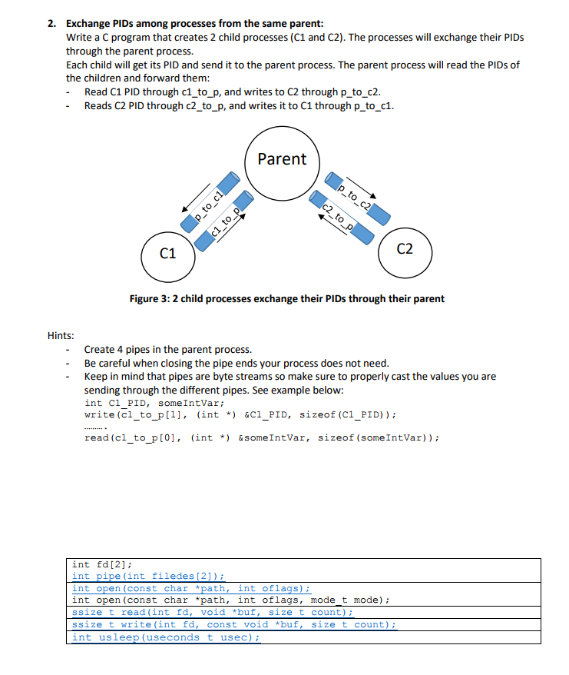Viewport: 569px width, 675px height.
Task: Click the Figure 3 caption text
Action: click(x=286, y=298)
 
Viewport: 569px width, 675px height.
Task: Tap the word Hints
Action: click(x=61, y=335)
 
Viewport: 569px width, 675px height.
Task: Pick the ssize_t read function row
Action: click(x=212, y=612)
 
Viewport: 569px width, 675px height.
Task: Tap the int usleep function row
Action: click(x=165, y=637)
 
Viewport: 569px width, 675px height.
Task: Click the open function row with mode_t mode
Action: click(x=230, y=600)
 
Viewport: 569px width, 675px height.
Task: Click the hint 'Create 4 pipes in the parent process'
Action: click(x=167, y=350)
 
